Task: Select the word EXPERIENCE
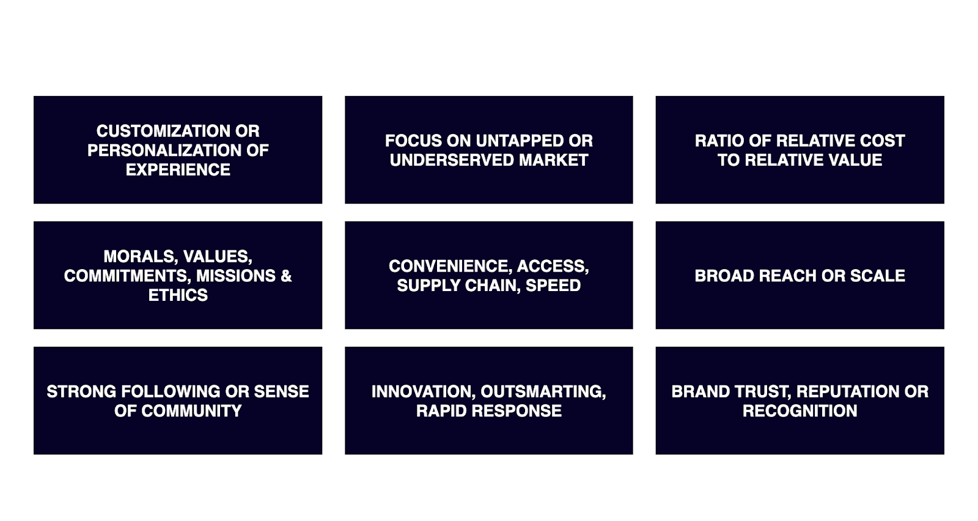point(178,169)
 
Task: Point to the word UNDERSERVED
point(452,160)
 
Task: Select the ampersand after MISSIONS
point(287,276)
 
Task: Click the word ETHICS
point(178,295)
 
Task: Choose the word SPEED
point(553,285)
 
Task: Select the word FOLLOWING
point(171,391)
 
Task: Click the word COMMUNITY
point(192,410)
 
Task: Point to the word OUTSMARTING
point(543,391)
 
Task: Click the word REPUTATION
point(848,391)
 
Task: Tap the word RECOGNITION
point(800,410)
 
